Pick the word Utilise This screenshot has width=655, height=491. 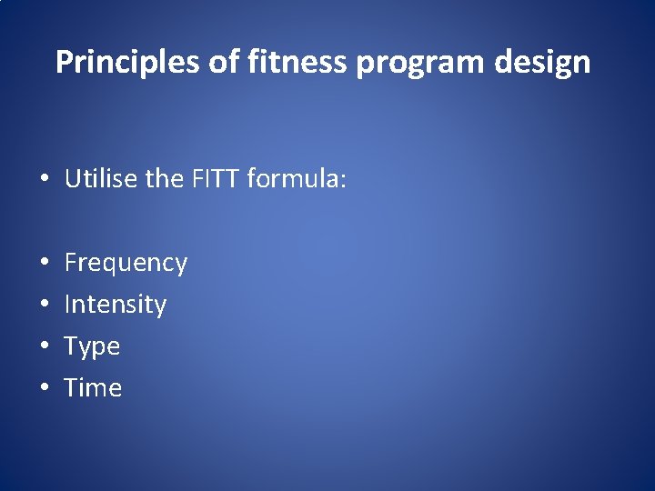pos(102,178)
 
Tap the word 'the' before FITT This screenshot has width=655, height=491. pos(165,178)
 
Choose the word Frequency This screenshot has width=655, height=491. pos(126,264)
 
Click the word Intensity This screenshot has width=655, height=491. pos(116,305)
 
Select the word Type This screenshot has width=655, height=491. pos(92,347)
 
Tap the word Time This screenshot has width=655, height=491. pos(93,388)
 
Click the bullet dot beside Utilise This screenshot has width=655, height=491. pos(45,180)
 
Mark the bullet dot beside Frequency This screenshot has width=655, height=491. pos(45,264)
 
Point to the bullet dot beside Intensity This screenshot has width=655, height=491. pos(45,306)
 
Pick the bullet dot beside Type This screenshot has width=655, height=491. pos(45,347)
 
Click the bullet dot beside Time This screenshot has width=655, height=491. pos(45,389)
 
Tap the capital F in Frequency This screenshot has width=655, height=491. pos(71,263)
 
